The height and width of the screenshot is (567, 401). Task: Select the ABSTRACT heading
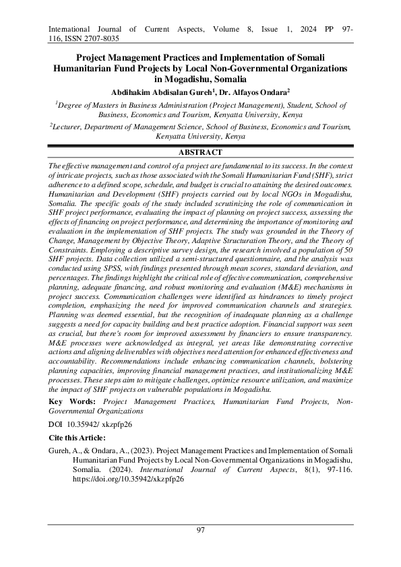[200, 152]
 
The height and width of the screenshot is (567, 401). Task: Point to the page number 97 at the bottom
[200, 530]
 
